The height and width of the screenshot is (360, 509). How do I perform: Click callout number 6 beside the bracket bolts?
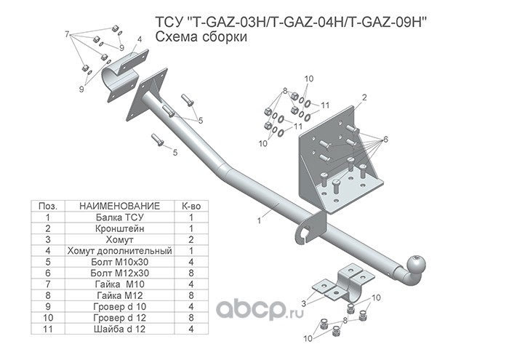(x=386, y=139)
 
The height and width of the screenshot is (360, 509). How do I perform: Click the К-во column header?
(x=190, y=206)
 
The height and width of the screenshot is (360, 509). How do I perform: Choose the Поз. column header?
(x=47, y=206)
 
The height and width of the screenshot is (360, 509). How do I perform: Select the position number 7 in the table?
(x=47, y=283)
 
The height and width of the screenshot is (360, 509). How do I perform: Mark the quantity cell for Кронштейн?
(x=190, y=228)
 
